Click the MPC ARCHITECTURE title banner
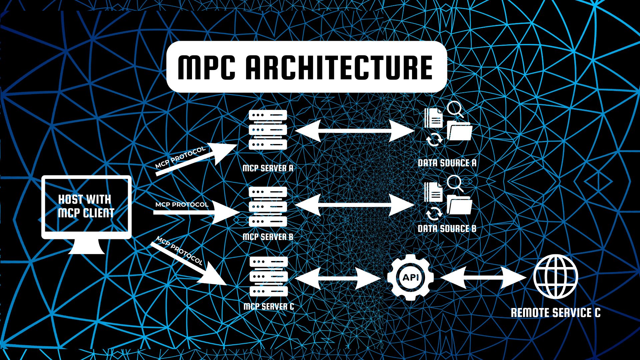tap(306, 67)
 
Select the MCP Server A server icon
tap(268, 130)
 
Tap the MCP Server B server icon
tap(268, 207)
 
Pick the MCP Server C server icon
tap(269, 277)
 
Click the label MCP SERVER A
tap(268, 168)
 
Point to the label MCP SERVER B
tap(268, 237)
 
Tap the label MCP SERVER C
tap(269, 307)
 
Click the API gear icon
tap(410, 277)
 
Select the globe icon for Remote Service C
tap(555, 277)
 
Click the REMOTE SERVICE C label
tap(555, 313)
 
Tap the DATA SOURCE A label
tap(447, 163)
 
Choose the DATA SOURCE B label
tap(447, 229)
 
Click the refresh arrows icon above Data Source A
tap(434, 139)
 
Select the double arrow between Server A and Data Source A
tap(355, 131)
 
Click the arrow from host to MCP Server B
tap(197, 212)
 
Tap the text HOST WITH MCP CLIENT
tap(86, 206)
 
